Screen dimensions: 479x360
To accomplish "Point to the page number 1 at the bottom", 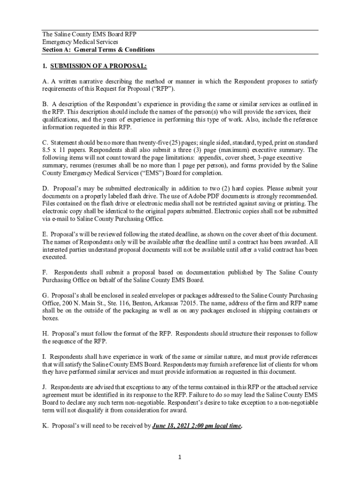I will pos(180,457).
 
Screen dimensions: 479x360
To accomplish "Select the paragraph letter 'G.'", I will pos(45,296).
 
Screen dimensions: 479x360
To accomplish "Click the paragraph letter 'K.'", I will pos(45,426).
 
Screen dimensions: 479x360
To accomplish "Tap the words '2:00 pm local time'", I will pos(219,426).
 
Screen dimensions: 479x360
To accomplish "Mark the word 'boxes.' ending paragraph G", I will pos(50,318).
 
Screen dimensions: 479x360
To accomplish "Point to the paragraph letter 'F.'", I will pos(45,272).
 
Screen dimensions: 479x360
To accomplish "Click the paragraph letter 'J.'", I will pos(45,387).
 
